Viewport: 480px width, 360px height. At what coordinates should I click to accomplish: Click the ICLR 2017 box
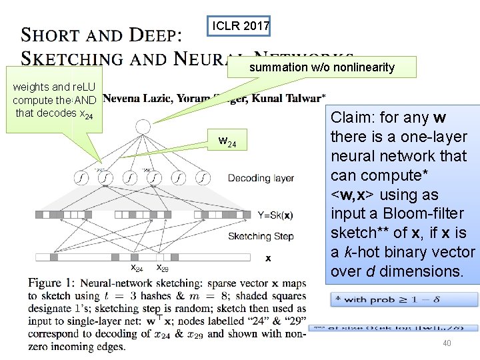tap(241, 27)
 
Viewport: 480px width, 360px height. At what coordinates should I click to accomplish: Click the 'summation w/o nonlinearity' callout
tap(322, 67)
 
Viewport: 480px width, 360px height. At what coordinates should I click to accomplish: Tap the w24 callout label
tap(227, 141)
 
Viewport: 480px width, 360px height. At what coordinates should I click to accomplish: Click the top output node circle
tap(143, 126)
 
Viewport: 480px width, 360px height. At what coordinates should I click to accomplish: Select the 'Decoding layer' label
tap(261, 178)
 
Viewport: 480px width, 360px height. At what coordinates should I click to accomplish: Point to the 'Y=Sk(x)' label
tap(275, 215)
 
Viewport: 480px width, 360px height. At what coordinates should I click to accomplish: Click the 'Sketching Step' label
tap(261, 236)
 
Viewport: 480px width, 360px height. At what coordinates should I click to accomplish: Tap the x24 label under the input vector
tap(136, 268)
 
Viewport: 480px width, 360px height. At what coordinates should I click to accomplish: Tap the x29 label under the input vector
tap(162, 268)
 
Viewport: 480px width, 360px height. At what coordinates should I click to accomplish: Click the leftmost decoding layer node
tap(81, 178)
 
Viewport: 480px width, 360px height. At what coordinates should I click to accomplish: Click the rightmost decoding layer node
tap(203, 178)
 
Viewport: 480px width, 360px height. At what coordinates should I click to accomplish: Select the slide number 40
tap(446, 343)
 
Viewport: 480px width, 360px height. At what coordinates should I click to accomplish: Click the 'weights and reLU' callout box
tap(54, 99)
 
